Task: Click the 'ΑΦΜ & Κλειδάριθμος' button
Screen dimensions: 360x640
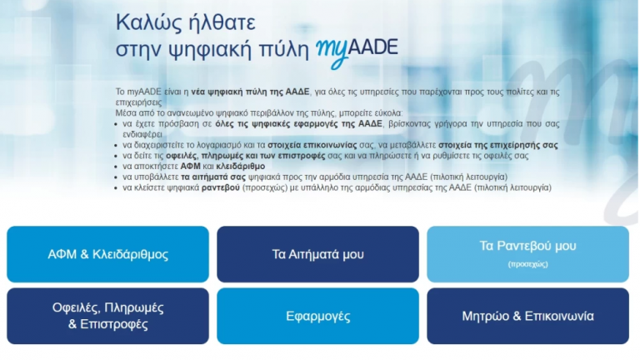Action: (108, 254)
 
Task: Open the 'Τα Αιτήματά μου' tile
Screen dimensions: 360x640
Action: (317, 254)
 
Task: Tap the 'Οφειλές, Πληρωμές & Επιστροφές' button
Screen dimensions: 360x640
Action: (108, 316)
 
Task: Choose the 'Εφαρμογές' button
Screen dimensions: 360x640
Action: (317, 316)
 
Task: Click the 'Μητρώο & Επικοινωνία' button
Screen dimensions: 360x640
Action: (527, 316)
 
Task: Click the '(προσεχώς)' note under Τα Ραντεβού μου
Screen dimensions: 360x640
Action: (527, 263)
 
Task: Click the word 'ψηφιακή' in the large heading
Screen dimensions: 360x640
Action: (215, 48)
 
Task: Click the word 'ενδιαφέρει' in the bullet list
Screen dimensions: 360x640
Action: (144, 133)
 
